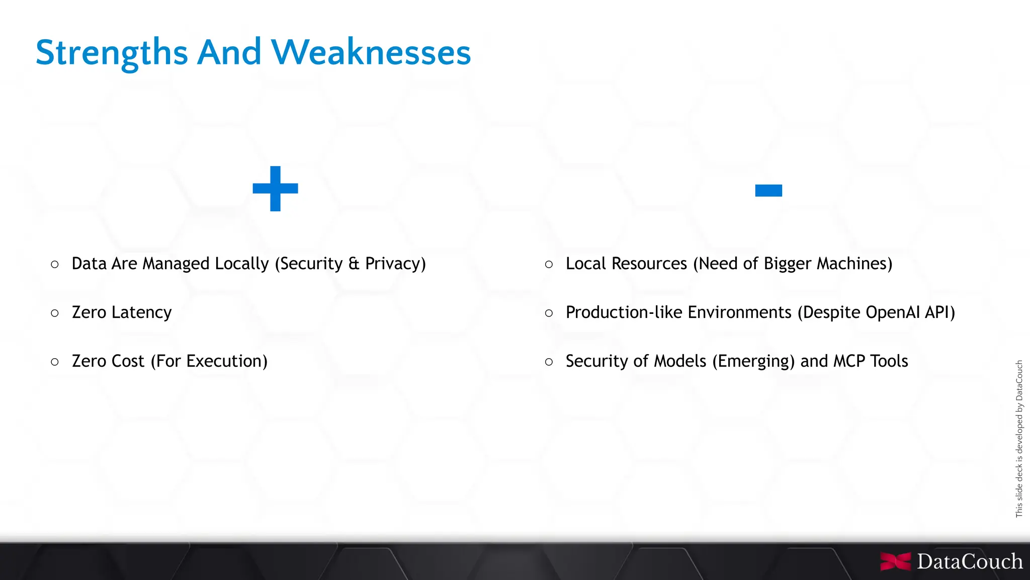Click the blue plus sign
[275, 189]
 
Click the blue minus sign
[768, 191]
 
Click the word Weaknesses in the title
[371, 52]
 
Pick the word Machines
[854, 264]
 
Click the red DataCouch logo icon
[895, 561]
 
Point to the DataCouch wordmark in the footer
[969, 561]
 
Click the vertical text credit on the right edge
[1019, 439]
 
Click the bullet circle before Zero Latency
[55, 313]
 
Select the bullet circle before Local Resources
[549, 265]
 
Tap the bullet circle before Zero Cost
[55, 362]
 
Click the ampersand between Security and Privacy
[354, 264]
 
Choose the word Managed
[176, 264]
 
